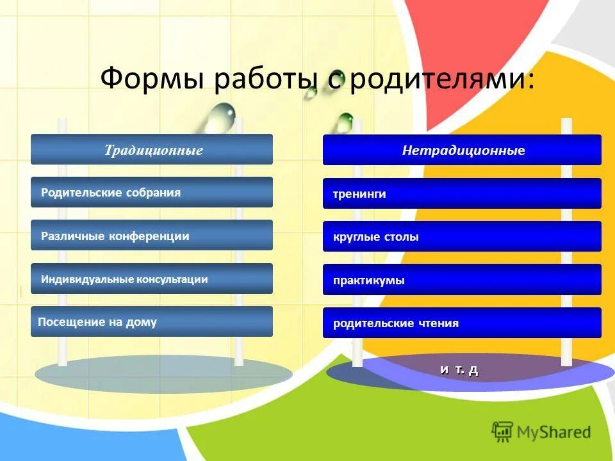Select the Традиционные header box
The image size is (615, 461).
(152, 150)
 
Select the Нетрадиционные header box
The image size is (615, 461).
(462, 150)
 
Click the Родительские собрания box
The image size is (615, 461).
(152, 192)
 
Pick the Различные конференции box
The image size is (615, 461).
(152, 236)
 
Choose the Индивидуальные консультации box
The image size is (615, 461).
(152, 279)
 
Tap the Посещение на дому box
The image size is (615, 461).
(152, 322)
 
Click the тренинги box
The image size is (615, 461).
(462, 193)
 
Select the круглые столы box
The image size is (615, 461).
(462, 236)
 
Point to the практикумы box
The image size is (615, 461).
(462, 280)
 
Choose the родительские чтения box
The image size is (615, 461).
(462, 323)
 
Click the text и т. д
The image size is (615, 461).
(459, 369)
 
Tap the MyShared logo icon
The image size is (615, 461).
(502, 432)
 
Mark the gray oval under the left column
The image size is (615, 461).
(163, 375)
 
